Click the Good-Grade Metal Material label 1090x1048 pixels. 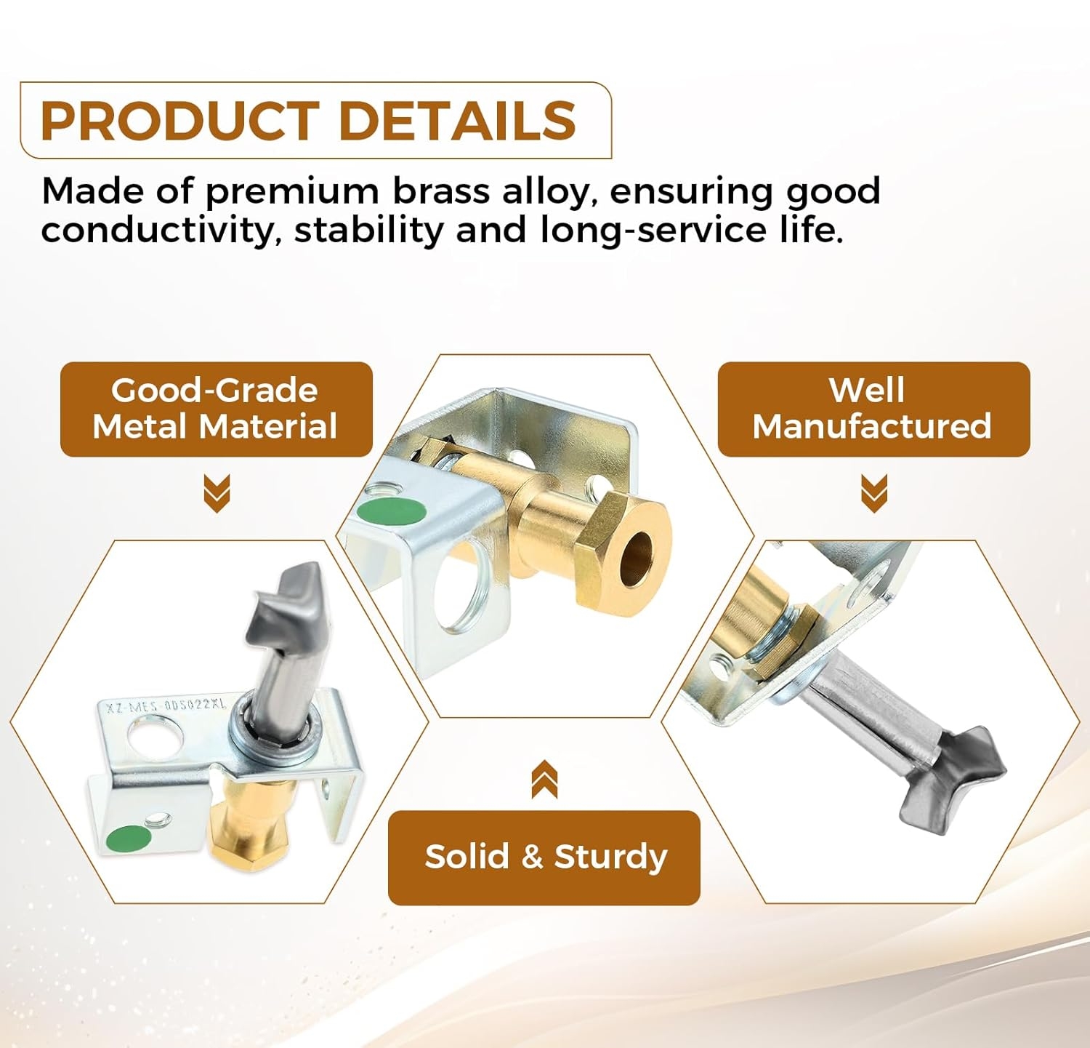tap(216, 409)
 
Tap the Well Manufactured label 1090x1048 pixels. tap(873, 409)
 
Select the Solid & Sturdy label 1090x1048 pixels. tap(544, 857)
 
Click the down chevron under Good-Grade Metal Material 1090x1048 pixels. tap(217, 492)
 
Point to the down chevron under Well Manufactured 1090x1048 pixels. tap(874, 492)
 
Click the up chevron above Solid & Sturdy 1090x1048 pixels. tap(544, 779)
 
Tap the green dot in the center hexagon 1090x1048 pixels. tap(392, 511)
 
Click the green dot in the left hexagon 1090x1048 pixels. tap(129, 839)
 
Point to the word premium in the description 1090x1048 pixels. tap(292, 192)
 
